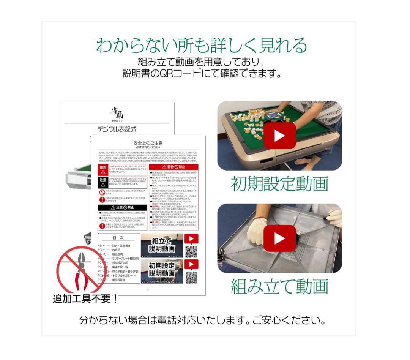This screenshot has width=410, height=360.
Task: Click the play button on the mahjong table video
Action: coord(280,136)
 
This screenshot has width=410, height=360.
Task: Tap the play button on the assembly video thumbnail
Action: coord(280,238)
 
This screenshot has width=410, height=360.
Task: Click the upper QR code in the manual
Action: coord(191,251)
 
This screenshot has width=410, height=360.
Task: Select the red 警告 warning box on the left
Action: coord(103,170)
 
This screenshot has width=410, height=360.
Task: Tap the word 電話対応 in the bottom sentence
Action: coord(190,320)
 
